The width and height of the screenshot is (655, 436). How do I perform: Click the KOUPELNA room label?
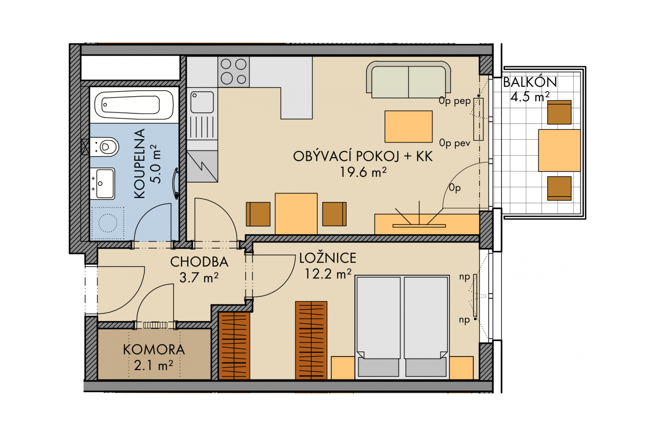pyautogui.click(x=139, y=164)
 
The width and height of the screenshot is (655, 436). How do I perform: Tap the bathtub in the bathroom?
pyautogui.click(x=134, y=105)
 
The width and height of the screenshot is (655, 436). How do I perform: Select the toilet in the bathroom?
pyautogui.click(x=104, y=146)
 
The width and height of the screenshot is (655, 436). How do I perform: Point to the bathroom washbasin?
pyautogui.click(x=102, y=184)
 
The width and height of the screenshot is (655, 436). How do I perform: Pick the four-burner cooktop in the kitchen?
pyautogui.click(x=234, y=72)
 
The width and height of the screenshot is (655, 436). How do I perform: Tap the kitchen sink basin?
pyautogui.click(x=202, y=102)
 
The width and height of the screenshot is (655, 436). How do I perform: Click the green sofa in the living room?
pyautogui.click(x=409, y=80)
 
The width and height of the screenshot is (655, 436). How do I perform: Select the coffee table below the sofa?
pyautogui.click(x=409, y=126)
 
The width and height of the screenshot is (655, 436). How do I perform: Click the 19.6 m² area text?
pyautogui.click(x=363, y=172)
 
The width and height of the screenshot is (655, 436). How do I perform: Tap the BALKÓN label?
pyautogui.click(x=530, y=82)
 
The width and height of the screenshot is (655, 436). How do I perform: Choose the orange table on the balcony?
pyautogui.click(x=559, y=150)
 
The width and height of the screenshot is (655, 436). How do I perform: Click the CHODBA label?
pyautogui.click(x=200, y=262)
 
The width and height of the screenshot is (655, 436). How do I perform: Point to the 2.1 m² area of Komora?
pyautogui.click(x=154, y=365)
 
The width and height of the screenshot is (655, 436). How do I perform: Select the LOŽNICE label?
pyautogui.click(x=328, y=258)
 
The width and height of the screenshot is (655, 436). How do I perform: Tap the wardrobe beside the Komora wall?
pyautogui.click(x=234, y=346)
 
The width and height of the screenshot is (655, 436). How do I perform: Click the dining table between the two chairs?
pyautogui.click(x=296, y=213)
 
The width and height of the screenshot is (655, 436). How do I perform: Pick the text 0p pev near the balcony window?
pyautogui.click(x=455, y=143)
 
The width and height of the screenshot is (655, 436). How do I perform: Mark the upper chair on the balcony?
pyautogui.click(x=559, y=112)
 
